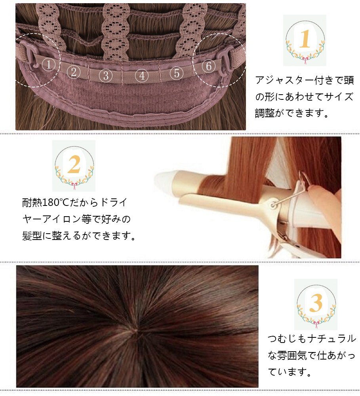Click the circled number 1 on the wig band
click(48, 65)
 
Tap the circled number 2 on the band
click(74, 72)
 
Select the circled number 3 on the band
click(106, 75)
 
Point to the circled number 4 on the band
click(142, 75)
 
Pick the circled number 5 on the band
click(177, 73)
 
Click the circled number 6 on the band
click(208, 66)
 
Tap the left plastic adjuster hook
click(29, 53)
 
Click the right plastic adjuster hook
click(225, 61)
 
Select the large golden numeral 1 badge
click(305, 39)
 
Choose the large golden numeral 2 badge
click(74, 164)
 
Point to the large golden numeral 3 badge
click(316, 303)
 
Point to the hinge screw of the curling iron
click(273, 205)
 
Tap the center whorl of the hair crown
click(135, 330)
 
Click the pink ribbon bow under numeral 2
click(74, 186)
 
